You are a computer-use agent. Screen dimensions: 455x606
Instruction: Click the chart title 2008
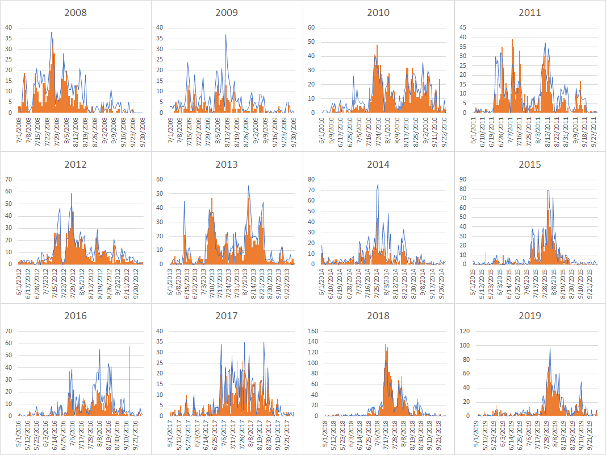click(76, 13)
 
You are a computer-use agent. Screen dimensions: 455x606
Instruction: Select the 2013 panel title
click(227, 164)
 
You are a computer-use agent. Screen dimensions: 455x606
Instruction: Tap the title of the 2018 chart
click(378, 316)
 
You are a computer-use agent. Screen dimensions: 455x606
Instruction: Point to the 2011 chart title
click(529, 13)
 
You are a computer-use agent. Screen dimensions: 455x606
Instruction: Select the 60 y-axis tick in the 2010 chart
click(311, 27)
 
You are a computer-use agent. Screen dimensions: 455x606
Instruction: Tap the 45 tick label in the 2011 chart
click(463, 27)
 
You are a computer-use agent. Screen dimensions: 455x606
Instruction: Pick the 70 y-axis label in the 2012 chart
click(9, 179)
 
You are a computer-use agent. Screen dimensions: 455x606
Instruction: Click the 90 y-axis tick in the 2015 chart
click(463, 179)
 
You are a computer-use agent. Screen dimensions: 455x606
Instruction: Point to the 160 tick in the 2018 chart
click(310, 330)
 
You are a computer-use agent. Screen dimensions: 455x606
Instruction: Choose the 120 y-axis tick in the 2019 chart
click(461, 330)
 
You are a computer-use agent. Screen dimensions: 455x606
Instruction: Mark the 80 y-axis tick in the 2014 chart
click(311, 179)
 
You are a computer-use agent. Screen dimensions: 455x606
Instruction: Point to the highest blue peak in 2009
click(225, 35)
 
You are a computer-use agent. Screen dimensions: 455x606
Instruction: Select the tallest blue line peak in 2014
click(378, 184)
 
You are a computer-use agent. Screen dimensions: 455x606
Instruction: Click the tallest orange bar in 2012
click(72, 195)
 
